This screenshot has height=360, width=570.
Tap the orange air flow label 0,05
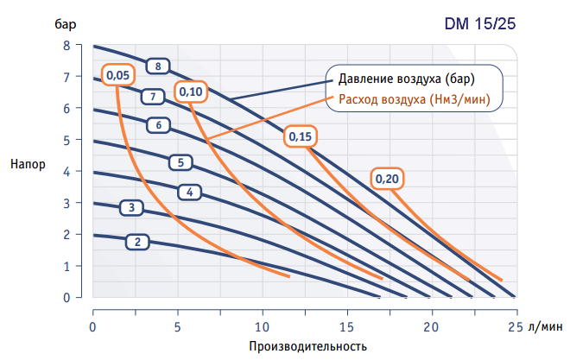pyautogui.click(x=118, y=76)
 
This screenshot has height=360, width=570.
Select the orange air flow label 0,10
pyautogui.click(x=191, y=92)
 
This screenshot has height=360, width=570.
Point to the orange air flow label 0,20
pyautogui.click(x=388, y=179)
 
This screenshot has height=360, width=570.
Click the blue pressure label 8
pyautogui.click(x=158, y=66)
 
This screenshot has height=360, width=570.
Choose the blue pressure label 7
pyautogui.click(x=152, y=96)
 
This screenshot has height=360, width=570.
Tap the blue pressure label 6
pyautogui.click(x=158, y=125)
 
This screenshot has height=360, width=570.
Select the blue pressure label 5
pyautogui.click(x=180, y=161)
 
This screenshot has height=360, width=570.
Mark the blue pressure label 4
pyautogui.click(x=189, y=192)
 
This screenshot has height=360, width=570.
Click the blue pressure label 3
pyautogui.click(x=131, y=208)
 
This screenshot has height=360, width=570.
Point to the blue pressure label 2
pyautogui.click(x=137, y=242)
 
